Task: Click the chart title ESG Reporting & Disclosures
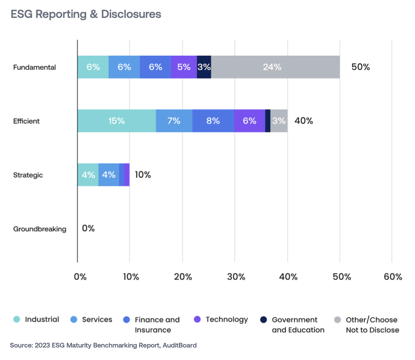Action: (86, 14)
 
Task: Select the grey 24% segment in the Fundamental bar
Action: (275, 67)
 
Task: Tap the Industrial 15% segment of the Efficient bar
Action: (117, 121)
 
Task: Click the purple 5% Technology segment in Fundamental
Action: (184, 67)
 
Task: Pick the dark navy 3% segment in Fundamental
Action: (204, 67)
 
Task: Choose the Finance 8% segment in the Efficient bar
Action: (213, 121)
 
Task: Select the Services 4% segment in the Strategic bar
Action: (108, 175)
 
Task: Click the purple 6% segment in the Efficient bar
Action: (249, 121)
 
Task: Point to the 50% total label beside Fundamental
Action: (360, 67)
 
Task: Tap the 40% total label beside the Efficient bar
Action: (303, 121)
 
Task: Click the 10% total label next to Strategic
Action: (143, 175)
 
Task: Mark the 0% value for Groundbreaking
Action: (88, 228)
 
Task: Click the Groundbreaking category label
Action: (40, 229)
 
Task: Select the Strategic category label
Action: (28, 175)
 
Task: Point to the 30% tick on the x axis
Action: (236, 277)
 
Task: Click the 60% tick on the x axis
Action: (392, 277)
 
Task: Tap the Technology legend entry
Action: (227, 319)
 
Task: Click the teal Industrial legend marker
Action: (17, 319)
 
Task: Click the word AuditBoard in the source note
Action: (178, 345)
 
